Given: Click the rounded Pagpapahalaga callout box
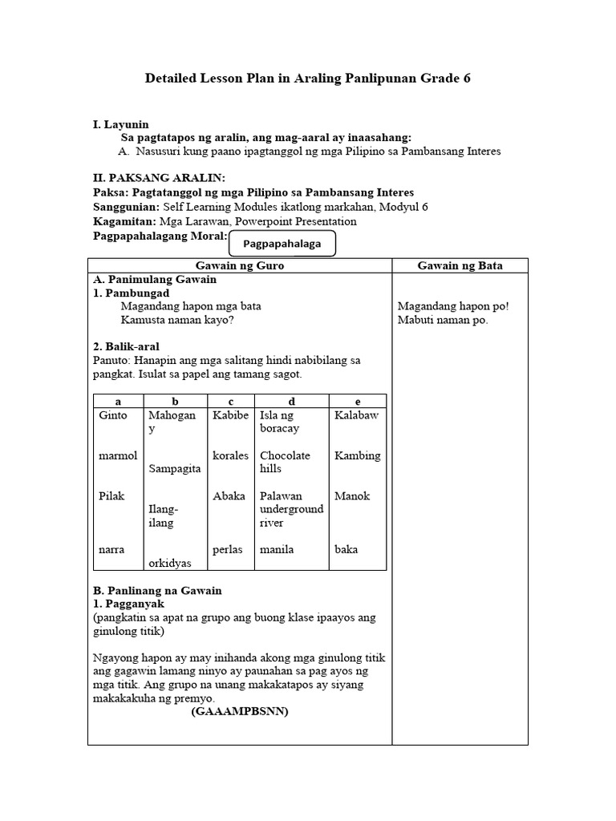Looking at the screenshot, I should point(282,243).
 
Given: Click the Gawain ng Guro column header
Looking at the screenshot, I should point(239,265).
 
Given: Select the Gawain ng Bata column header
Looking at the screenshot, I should point(460,265).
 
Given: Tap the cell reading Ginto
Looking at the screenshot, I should point(113,415).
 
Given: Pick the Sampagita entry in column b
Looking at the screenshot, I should point(174,469).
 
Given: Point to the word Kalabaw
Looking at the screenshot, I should point(356,415).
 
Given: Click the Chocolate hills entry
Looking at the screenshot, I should point(285,462).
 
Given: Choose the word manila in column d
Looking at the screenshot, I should point(277,550).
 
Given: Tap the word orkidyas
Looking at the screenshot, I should point(172,563).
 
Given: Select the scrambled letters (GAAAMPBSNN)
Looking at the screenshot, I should point(239,711).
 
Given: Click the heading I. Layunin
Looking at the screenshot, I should point(121,125).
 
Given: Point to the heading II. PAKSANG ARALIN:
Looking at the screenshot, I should point(159,178).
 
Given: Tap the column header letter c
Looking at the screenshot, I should point(230,401).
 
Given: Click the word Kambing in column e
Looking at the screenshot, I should point(357,455).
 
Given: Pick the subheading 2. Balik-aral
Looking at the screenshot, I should point(126,346).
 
